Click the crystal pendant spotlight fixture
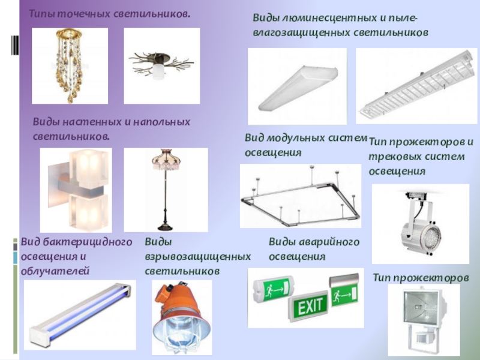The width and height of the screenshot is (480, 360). [70, 64]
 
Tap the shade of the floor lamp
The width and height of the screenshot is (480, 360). [166, 160]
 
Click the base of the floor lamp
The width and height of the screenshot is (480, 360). [166, 226]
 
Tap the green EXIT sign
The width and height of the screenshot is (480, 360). [308, 305]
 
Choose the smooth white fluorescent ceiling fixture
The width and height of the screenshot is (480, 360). [298, 88]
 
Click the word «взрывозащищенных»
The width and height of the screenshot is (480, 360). [198, 257]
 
